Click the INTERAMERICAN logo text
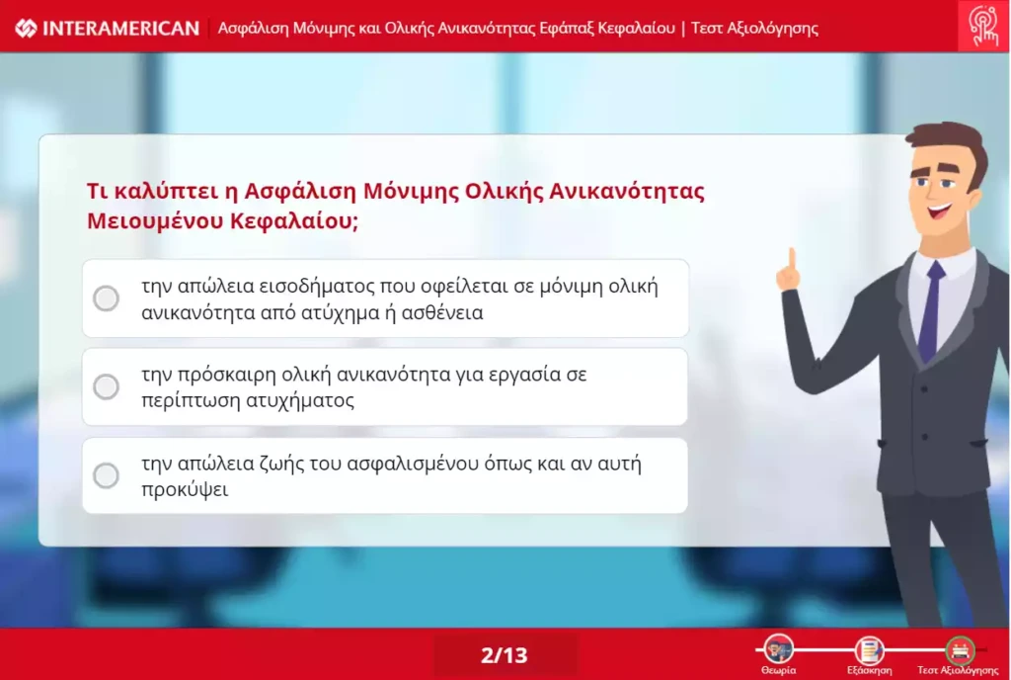[x=120, y=29]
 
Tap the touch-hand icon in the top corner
[x=983, y=26]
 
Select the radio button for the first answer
[x=106, y=298]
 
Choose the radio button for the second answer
[x=106, y=387]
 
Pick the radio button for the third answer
[x=106, y=475]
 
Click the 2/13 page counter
[x=505, y=655]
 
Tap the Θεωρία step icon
[x=778, y=649]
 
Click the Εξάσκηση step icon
[x=869, y=649]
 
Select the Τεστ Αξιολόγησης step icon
[x=960, y=649]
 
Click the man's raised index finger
[x=792, y=258]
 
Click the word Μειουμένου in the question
[x=155, y=221]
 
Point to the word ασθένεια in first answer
[x=442, y=313]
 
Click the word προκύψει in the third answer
[x=185, y=489]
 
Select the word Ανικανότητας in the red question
[x=627, y=191]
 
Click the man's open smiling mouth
[x=940, y=211]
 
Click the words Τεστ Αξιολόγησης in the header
[x=754, y=29]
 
